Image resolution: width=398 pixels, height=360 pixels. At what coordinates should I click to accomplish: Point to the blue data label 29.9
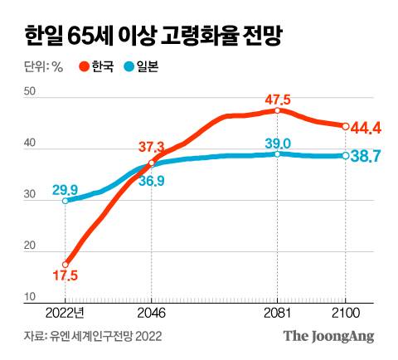[66, 189]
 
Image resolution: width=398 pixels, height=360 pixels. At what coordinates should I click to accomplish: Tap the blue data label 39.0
[277, 143]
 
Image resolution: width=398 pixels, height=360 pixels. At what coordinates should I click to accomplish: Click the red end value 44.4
[366, 128]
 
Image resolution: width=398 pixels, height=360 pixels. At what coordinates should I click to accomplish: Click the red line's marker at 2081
[278, 110]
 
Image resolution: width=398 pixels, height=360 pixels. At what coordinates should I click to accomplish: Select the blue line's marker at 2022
[66, 201]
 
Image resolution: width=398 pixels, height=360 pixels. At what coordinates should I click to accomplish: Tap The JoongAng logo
[329, 336]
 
